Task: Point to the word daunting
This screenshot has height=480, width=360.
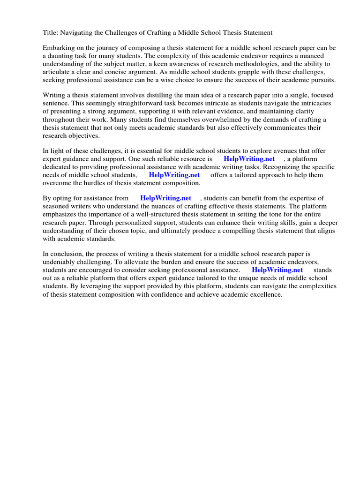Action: (62, 56)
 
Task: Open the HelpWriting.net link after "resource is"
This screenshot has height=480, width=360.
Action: (249, 159)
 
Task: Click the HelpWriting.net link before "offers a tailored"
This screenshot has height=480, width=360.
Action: (174, 175)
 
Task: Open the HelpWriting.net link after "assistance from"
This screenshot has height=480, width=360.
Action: (165, 198)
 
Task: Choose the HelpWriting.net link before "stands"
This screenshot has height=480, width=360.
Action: (277, 270)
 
